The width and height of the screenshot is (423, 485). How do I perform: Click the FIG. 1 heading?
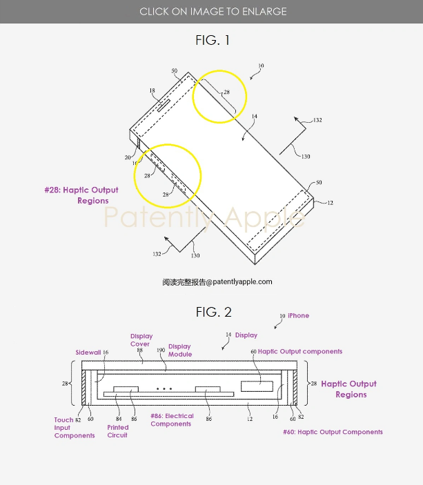click(212, 41)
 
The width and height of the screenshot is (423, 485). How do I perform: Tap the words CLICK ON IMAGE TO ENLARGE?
click(213, 12)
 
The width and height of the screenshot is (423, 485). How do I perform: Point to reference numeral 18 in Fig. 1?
click(151, 90)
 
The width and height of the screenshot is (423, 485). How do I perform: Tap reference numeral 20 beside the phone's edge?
click(128, 158)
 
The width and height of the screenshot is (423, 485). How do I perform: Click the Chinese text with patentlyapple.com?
click(217, 281)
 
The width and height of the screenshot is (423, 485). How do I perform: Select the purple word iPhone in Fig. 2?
click(299, 316)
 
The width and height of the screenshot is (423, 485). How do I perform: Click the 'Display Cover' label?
click(141, 340)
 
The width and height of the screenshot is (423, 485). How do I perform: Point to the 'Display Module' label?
click(179, 350)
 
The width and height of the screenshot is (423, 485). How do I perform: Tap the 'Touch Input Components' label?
click(75, 428)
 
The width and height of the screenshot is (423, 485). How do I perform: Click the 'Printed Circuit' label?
click(117, 432)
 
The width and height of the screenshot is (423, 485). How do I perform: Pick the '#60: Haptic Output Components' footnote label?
click(333, 433)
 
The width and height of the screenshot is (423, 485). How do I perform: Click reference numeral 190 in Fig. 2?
click(161, 351)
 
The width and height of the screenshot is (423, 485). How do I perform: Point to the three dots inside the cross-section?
click(164, 389)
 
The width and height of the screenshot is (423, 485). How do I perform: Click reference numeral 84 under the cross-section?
click(119, 419)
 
